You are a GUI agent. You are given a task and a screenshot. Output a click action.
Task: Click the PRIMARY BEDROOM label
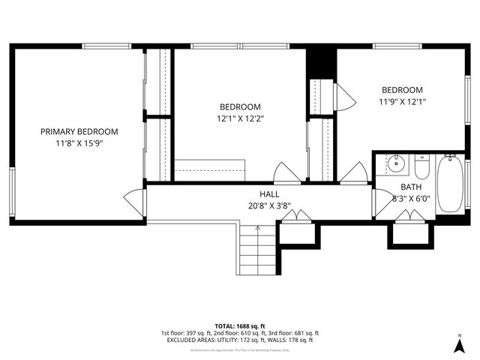(x=79, y=131)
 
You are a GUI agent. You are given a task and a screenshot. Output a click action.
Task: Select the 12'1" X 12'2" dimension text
(x=240, y=118)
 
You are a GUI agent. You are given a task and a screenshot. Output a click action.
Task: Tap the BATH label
(x=410, y=187)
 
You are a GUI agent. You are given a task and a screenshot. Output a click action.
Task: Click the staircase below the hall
(x=257, y=251)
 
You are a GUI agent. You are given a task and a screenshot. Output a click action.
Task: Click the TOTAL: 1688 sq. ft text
(x=240, y=326)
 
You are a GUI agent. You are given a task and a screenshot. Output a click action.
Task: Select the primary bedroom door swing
(x=135, y=201)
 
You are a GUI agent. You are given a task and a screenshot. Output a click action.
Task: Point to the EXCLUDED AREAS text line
(x=240, y=340)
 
